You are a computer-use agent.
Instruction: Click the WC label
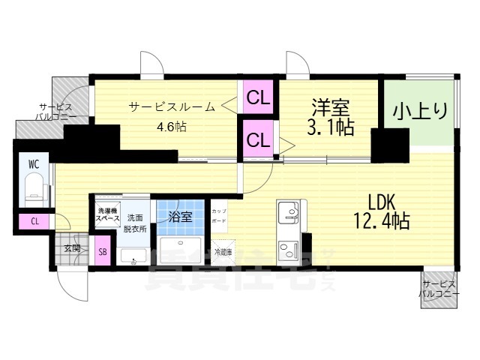click(34, 163)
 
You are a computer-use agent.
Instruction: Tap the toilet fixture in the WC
click(33, 187)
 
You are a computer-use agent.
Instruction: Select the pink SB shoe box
click(102, 253)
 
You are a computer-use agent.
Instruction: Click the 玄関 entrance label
click(71, 247)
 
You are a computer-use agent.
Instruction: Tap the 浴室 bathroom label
click(180, 217)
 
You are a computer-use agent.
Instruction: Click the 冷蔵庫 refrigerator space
click(223, 252)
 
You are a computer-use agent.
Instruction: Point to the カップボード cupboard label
click(219, 216)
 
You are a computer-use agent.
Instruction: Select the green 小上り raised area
click(420, 112)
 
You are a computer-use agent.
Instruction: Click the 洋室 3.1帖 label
click(329, 115)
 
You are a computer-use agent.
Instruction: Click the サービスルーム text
click(172, 106)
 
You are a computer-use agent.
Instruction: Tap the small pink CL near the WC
click(34, 221)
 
